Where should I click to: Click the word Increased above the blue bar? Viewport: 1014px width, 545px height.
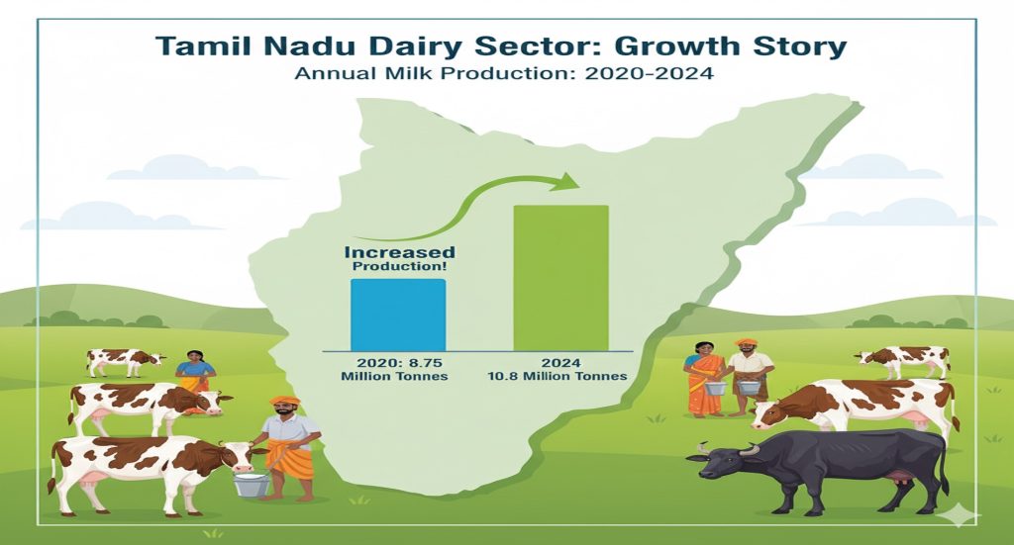[x=399, y=252]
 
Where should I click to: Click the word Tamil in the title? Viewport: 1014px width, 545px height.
[x=204, y=46]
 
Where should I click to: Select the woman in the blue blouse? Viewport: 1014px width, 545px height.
[x=195, y=373]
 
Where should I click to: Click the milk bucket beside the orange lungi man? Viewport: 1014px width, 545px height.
[x=252, y=484]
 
